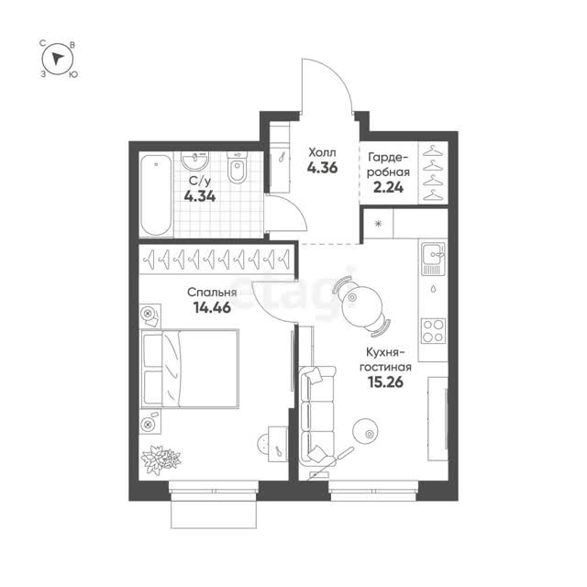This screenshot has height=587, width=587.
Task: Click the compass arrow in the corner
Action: [x=57, y=59]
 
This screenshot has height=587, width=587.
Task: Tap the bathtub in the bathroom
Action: [x=156, y=194]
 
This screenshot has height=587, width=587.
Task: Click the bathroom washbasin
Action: [x=195, y=161]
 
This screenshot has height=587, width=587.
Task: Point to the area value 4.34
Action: [x=200, y=195]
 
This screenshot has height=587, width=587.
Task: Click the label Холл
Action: [x=322, y=152]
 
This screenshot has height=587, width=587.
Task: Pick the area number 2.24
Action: [x=389, y=187]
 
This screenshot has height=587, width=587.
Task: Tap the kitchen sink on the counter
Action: [x=433, y=259]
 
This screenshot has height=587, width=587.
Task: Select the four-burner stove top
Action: [x=433, y=331]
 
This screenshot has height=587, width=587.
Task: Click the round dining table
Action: [x=362, y=305]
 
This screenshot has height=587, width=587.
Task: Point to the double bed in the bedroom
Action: [x=190, y=369]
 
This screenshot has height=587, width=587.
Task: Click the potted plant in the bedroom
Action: [x=161, y=460]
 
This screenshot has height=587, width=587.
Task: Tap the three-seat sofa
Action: [x=317, y=415]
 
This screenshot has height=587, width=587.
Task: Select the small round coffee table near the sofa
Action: [x=366, y=431]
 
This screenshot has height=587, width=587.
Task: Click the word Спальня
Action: [x=212, y=292]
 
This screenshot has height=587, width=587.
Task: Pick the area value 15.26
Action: [x=385, y=382]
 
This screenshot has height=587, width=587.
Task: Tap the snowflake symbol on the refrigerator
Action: [x=378, y=224]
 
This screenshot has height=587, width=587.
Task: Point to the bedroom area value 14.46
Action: [x=212, y=308]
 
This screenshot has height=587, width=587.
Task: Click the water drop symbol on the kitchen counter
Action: [x=433, y=289]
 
